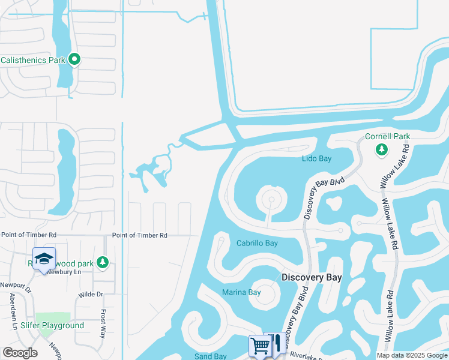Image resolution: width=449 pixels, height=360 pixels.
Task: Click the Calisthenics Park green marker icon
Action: (x=75, y=59)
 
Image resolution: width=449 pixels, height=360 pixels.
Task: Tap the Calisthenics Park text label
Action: (x=33, y=60)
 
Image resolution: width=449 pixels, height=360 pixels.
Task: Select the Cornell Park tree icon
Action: (x=381, y=149)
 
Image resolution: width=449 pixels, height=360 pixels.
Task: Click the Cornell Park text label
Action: (x=387, y=136)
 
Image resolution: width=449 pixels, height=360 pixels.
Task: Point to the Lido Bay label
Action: (x=316, y=158)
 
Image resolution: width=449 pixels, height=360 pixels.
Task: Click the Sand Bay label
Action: (x=210, y=356)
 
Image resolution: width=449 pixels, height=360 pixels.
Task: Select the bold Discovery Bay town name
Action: (x=312, y=277)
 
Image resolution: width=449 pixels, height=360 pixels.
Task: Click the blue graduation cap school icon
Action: (x=44, y=259)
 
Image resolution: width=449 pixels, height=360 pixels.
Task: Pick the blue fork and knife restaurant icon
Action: (x=277, y=344)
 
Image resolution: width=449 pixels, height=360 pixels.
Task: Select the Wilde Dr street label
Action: (x=91, y=295)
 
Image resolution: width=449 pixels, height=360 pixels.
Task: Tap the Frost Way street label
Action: (x=103, y=323)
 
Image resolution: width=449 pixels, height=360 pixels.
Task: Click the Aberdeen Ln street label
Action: (x=12, y=311)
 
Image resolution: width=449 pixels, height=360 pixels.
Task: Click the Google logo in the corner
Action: (x=20, y=353)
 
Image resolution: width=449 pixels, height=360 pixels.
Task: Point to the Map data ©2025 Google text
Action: (x=411, y=355)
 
